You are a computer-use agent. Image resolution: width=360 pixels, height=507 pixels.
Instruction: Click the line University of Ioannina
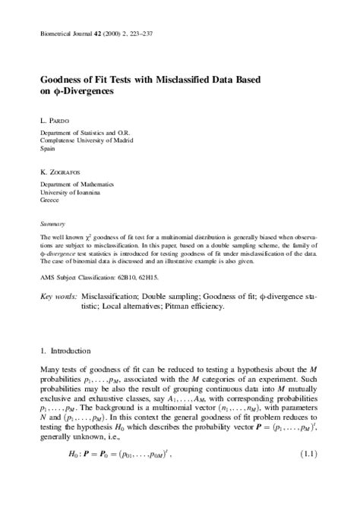click(x=72, y=193)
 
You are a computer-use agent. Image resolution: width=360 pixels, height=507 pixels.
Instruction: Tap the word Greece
click(x=49, y=201)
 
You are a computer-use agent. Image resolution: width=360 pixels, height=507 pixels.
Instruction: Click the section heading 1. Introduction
click(x=65, y=352)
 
